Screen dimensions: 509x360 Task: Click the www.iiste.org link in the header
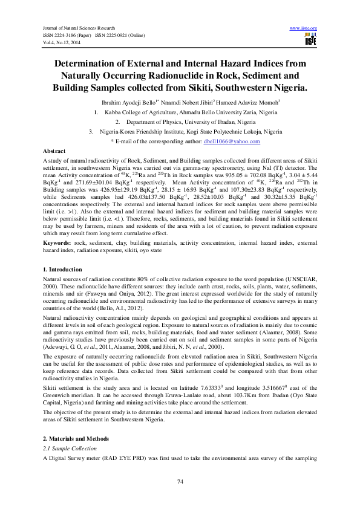(304, 28)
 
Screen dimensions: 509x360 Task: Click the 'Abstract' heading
(54, 149)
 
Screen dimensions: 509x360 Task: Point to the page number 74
(180, 481)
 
